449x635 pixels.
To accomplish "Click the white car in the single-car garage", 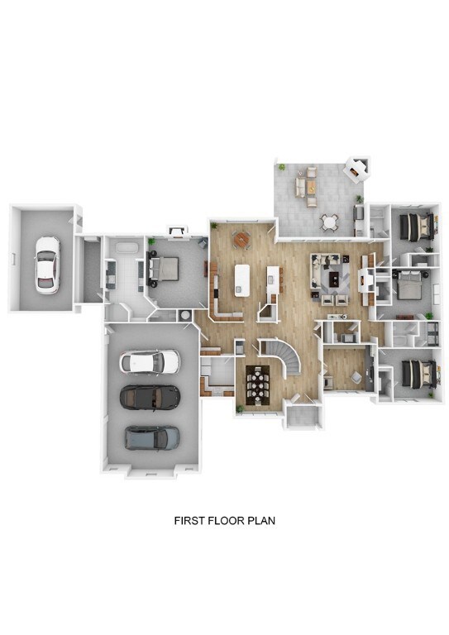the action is pyautogui.click(x=47, y=265).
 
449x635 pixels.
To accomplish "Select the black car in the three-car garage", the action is pyautogui.click(x=150, y=397).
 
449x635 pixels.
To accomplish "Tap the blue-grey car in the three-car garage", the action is pyautogui.click(x=152, y=437).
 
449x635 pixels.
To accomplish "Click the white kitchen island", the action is pyautogui.click(x=241, y=280).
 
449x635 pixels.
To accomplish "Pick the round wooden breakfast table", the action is pyautogui.click(x=241, y=240).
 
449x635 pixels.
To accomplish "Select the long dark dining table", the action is pyautogui.click(x=257, y=384).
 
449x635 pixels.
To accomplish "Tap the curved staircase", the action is pyautogui.click(x=283, y=356).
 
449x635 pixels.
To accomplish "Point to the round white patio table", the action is pyautogui.click(x=330, y=222).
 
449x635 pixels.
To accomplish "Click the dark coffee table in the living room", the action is pyautogui.click(x=334, y=279).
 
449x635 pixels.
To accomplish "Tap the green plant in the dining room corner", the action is pyautogui.click(x=241, y=409).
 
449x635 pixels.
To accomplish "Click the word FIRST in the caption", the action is pyautogui.click(x=189, y=520).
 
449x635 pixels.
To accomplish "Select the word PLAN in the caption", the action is pyautogui.click(x=262, y=520).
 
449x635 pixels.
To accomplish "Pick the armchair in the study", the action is pyautogui.click(x=356, y=377).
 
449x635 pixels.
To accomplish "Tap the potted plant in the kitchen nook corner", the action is pyautogui.click(x=214, y=225).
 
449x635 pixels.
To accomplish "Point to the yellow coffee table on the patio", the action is pyautogui.click(x=311, y=187).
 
